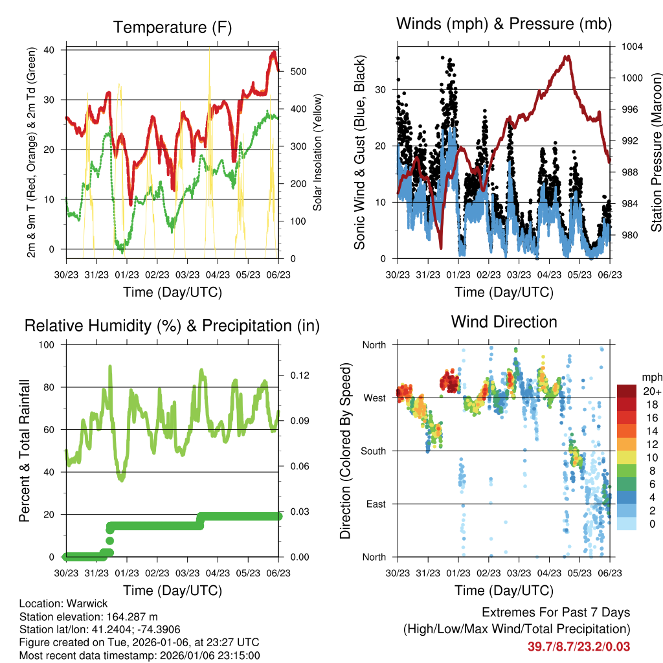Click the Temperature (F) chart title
pyautogui.click(x=172, y=28)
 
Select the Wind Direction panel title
pyautogui.click(x=504, y=322)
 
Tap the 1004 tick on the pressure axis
pyautogui.click(x=631, y=47)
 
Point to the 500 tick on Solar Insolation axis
pyautogui.click(x=297, y=71)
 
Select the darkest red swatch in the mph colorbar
pyautogui.click(x=626, y=391)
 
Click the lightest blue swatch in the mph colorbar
pyautogui.click(x=626, y=523)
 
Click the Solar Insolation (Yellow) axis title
pyautogui.click(x=317, y=153)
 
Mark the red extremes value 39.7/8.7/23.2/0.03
pyautogui.click(x=579, y=646)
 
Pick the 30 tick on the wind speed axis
pyautogui.click(x=382, y=89)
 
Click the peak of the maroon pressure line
pyautogui.click(x=568, y=57)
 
